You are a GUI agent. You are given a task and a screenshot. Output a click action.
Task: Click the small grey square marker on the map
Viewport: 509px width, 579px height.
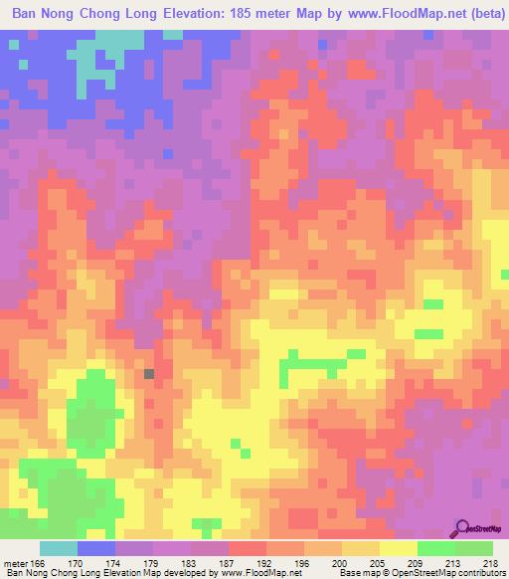[x=149, y=374]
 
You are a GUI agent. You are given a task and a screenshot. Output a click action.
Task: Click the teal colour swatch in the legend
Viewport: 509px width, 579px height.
[x=58, y=548]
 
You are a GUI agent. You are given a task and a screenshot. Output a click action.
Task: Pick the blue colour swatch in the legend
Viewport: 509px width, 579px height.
[x=96, y=548]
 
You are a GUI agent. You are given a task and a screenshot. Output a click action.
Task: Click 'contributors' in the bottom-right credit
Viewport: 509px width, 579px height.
[x=475, y=573]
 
